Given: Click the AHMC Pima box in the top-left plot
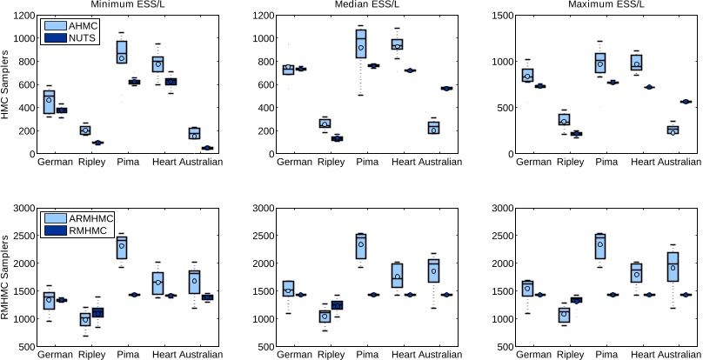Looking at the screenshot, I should [x=122, y=52].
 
